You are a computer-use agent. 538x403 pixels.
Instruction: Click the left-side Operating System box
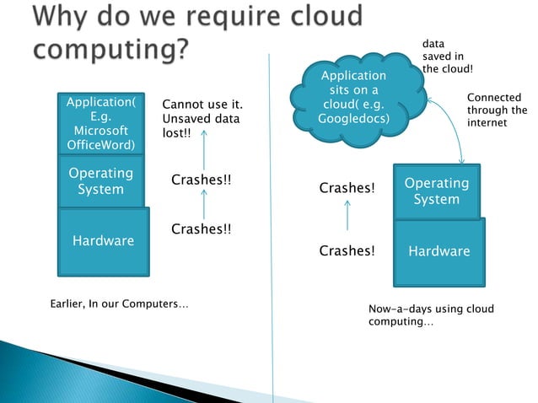pyautogui.click(x=100, y=181)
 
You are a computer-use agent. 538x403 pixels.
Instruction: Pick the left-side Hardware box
pyautogui.click(x=103, y=241)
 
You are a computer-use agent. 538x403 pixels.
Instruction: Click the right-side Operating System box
pyautogui.click(x=436, y=191)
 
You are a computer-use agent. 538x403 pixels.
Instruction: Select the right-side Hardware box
pyautogui.click(x=438, y=251)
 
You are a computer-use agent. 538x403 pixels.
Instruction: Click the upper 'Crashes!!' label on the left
pyautogui.click(x=201, y=180)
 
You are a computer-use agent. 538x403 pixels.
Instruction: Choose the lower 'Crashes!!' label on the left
pyautogui.click(x=201, y=228)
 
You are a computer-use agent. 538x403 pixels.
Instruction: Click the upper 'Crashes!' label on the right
pyautogui.click(x=347, y=188)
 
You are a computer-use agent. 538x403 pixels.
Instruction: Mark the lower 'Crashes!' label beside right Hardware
pyautogui.click(x=347, y=250)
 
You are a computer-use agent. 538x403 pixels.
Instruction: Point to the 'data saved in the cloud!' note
pyautogui.click(x=447, y=55)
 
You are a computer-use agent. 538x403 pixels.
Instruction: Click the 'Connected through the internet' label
pyautogui.click(x=497, y=110)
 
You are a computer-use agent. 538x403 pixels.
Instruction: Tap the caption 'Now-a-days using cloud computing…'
pyautogui.click(x=431, y=316)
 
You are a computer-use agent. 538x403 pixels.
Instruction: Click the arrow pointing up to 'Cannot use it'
pyautogui.click(x=203, y=154)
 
